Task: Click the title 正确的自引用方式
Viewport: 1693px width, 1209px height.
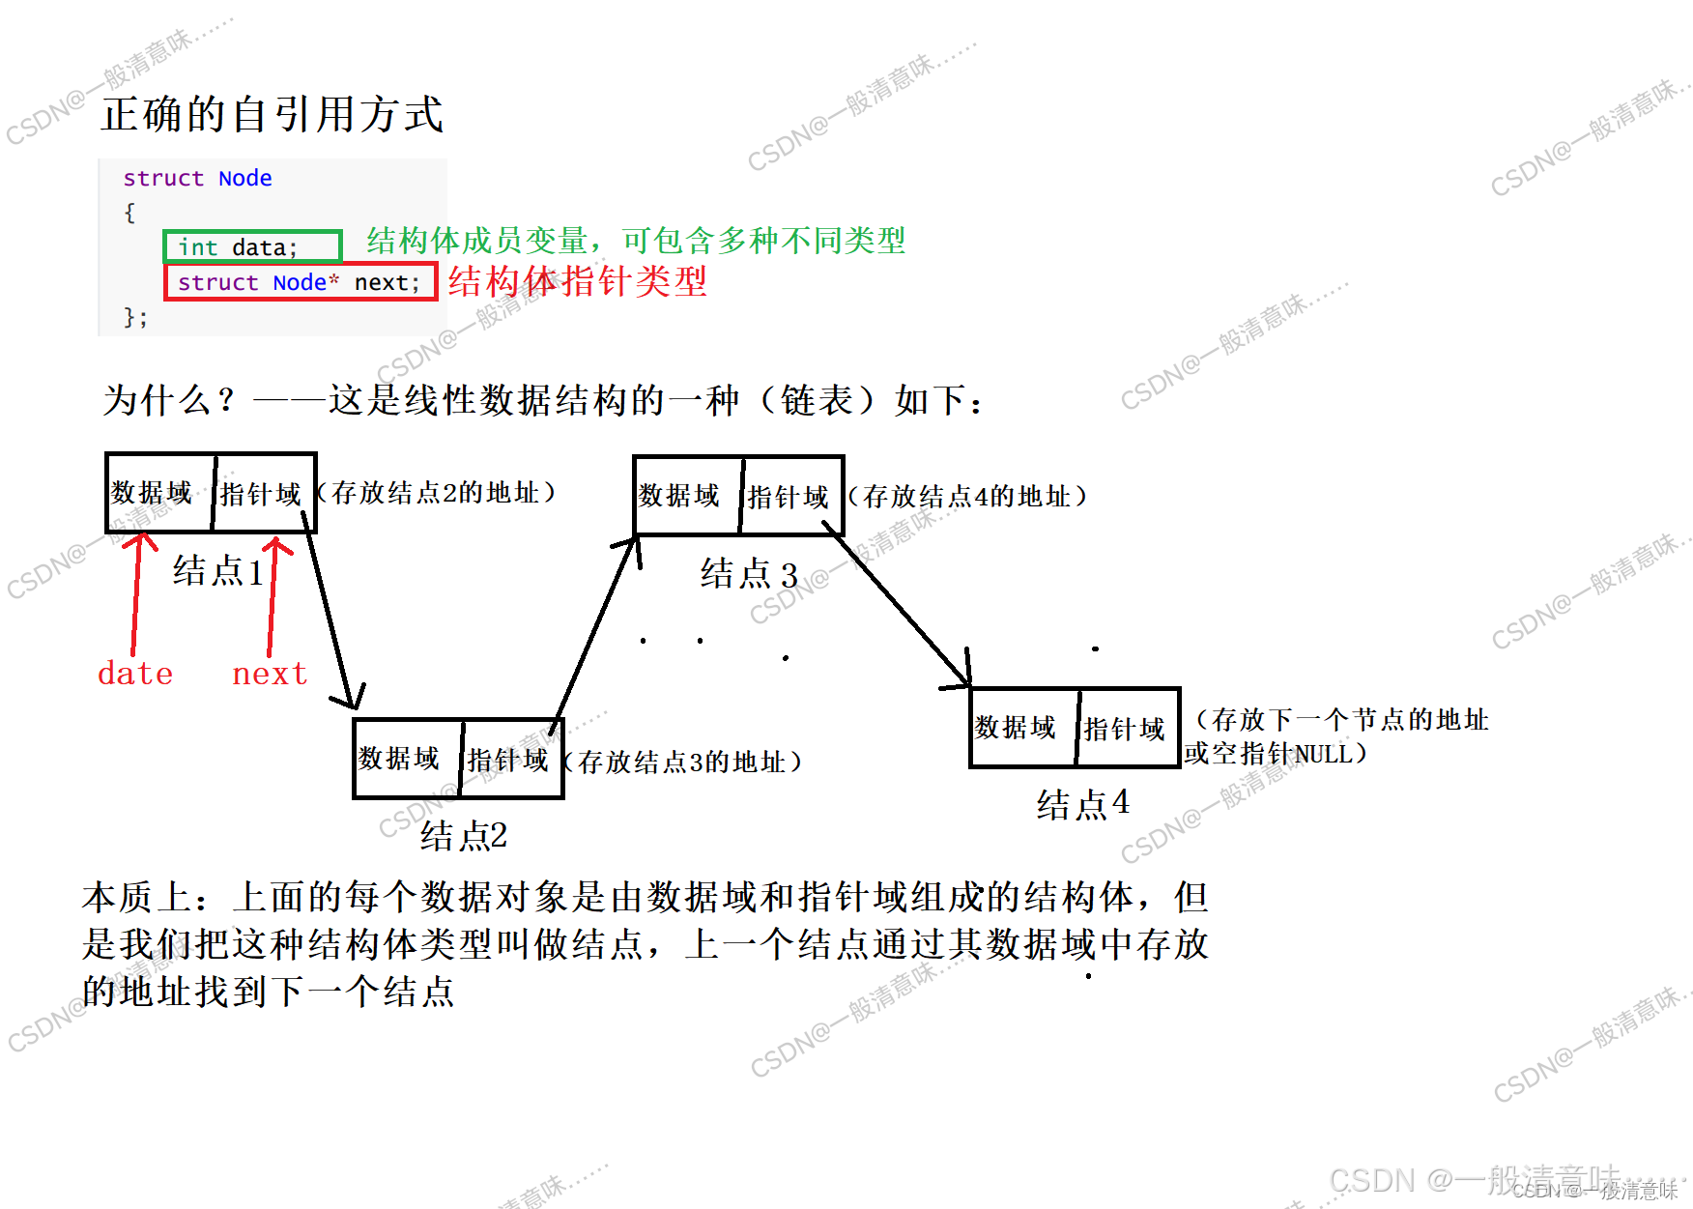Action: click(x=272, y=114)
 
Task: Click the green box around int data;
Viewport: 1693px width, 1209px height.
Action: click(x=252, y=246)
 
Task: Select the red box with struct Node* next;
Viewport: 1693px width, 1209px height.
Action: click(x=300, y=282)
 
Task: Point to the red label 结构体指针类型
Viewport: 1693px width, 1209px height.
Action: click(x=577, y=281)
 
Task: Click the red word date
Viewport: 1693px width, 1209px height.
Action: click(x=135, y=673)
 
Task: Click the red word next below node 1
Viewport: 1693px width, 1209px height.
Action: click(x=270, y=673)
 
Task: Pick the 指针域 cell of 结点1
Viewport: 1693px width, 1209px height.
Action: click(x=262, y=493)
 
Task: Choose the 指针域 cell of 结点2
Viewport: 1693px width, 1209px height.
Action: click(x=509, y=760)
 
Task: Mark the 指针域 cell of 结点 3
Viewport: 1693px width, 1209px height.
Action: click(x=789, y=497)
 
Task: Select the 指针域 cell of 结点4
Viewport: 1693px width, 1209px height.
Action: click(x=1126, y=728)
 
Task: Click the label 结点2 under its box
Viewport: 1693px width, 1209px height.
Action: click(x=464, y=836)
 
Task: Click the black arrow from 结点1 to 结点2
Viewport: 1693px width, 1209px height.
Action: click(x=330, y=609)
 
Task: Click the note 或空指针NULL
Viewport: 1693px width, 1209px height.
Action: click(x=1276, y=753)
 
